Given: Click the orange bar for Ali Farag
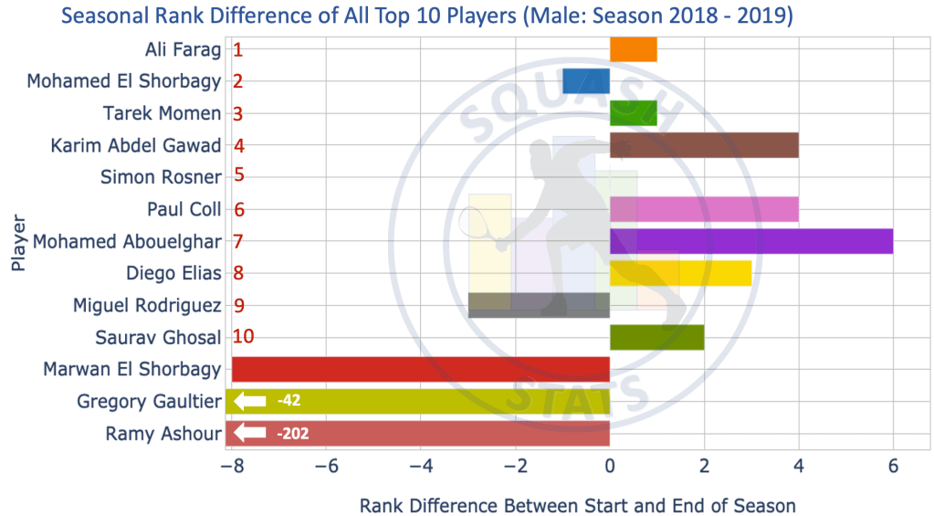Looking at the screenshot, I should [633, 49].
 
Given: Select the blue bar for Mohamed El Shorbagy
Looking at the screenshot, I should [586, 81].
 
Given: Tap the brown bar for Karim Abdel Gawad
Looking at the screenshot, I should [704, 145].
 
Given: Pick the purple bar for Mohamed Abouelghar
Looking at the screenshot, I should [750, 242].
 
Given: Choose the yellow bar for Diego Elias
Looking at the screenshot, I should [680, 273].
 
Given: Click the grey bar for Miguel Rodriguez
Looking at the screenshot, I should [539, 305].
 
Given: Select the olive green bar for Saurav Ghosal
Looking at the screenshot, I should [656, 337].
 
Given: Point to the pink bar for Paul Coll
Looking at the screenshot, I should [704, 209].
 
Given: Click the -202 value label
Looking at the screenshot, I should [293, 433].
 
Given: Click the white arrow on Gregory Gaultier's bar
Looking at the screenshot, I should [249, 401].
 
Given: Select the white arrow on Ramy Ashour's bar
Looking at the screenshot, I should [249, 433].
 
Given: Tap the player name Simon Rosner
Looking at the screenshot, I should [161, 177].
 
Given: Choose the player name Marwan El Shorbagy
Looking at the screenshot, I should [132, 369].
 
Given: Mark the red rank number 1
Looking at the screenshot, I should [238, 49].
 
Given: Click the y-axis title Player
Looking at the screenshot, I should [18, 242].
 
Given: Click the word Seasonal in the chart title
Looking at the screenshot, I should [102, 16].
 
